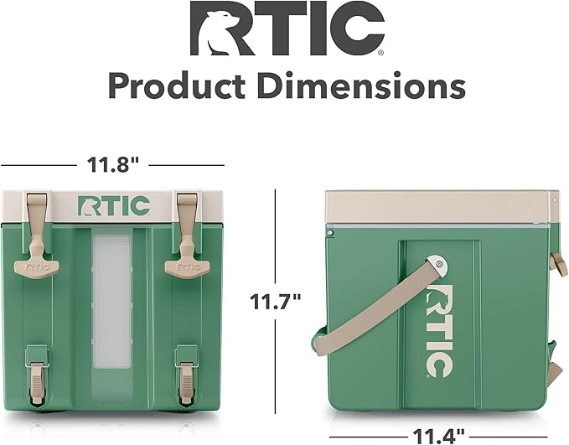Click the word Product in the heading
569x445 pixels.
177,86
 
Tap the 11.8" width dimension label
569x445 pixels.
113,165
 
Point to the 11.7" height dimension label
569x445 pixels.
276,301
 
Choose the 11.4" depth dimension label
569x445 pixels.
438,437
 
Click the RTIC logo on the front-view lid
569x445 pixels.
114,206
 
